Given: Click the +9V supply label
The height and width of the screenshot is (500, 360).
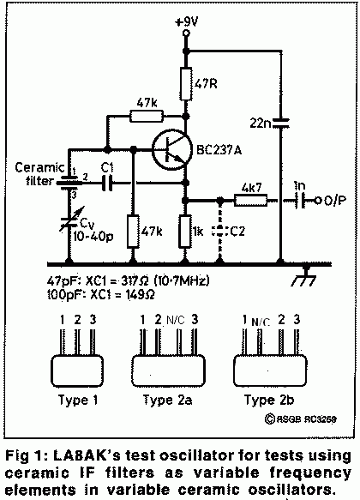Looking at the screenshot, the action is click(186, 22).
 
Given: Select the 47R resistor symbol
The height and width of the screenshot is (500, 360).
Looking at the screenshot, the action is click(186, 84).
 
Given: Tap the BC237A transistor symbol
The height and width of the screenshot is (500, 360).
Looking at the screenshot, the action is click(172, 149).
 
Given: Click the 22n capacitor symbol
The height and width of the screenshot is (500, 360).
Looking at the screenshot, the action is click(280, 123).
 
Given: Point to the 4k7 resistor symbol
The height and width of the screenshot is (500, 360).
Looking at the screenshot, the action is click(251, 200).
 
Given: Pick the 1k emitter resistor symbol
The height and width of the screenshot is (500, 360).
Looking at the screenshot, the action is click(185, 232).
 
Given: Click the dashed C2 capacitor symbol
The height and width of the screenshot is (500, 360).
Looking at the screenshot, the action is click(219, 231).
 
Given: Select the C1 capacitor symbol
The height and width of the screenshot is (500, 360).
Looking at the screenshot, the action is click(107, 183).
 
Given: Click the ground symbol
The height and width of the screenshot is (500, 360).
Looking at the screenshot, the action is click(304, 276).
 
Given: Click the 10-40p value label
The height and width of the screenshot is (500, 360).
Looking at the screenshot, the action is click(93, 237).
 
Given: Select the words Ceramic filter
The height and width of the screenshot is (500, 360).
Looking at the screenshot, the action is click(39, 174).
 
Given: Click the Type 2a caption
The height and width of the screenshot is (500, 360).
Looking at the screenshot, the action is click(168, 400).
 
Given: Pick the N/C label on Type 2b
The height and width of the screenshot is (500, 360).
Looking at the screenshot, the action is click(261, 322).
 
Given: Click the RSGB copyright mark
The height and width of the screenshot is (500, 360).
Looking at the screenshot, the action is click(300, 419).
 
